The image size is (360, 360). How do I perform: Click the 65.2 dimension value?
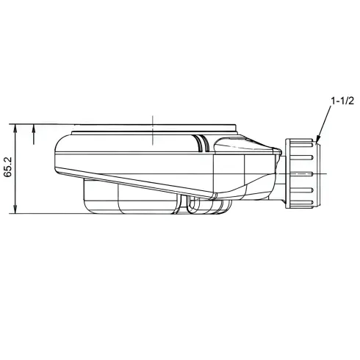[8, 167]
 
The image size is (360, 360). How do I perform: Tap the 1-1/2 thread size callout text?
[342, 101]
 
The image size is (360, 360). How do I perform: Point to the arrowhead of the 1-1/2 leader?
[318, 140]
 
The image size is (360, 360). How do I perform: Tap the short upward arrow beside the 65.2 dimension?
[34, 134]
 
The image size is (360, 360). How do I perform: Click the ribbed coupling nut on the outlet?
[303, 173]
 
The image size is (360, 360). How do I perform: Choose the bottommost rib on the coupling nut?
[302, 203]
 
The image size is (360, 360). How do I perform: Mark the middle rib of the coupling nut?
[302, 173]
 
